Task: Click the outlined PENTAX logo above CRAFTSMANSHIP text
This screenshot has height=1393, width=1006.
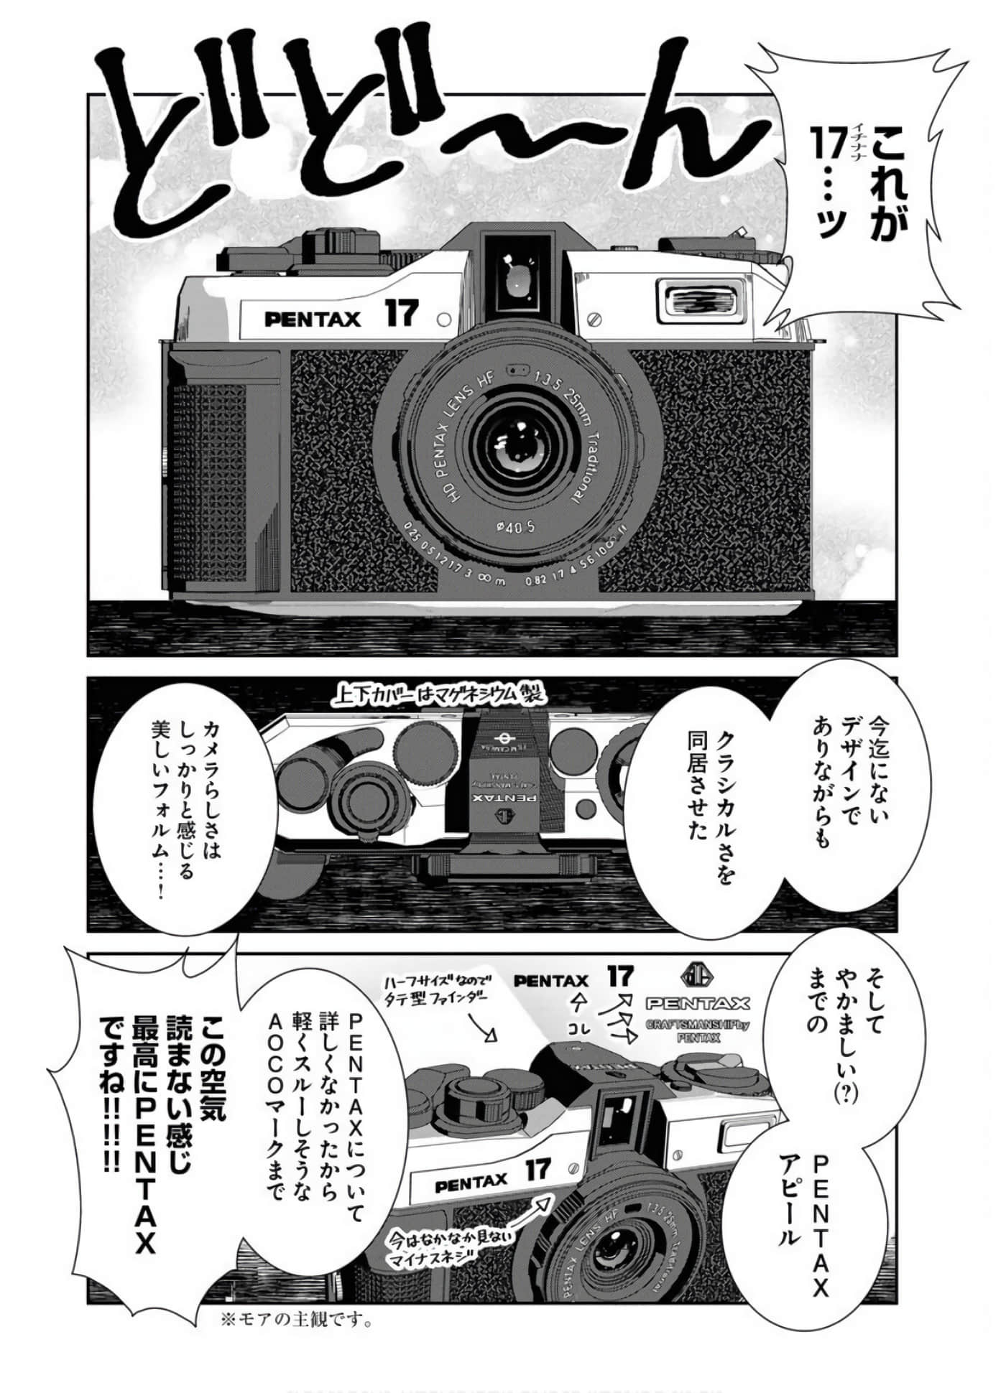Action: point(696,1003)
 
